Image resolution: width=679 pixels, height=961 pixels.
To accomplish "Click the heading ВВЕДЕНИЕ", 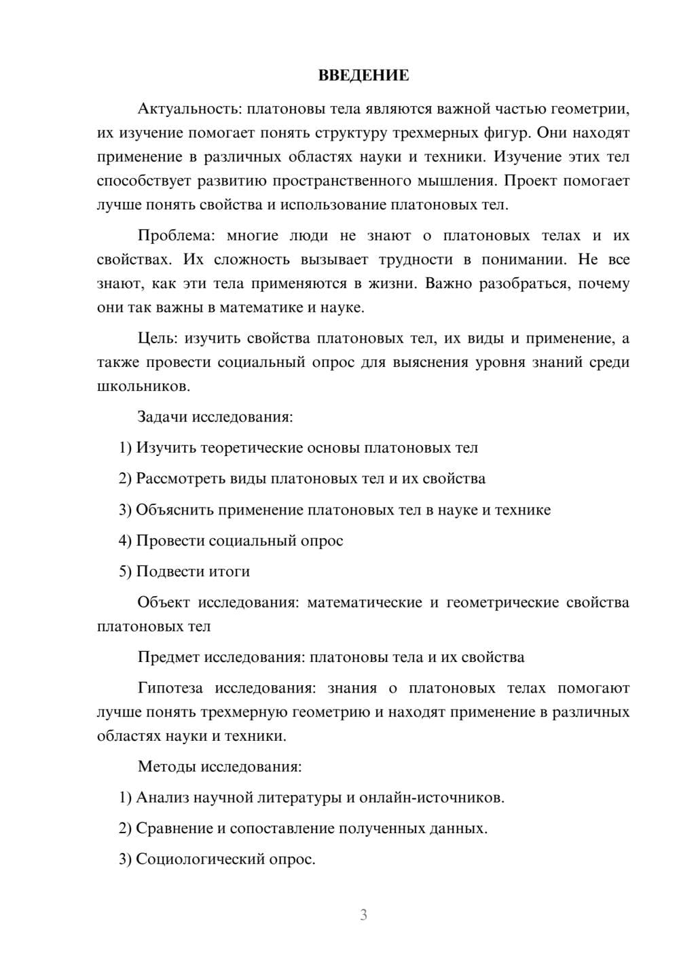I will click(363, 75).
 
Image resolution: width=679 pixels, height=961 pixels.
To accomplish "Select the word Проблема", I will click(176, 236).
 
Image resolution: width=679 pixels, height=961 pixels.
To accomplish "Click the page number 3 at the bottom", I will click(363, 915).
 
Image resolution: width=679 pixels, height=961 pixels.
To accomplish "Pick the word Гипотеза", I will click(170, 688).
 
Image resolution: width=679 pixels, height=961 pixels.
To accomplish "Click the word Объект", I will click(163, 602).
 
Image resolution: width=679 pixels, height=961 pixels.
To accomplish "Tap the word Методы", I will click(166, 767).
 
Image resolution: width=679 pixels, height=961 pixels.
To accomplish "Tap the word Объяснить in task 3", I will click(174, 510).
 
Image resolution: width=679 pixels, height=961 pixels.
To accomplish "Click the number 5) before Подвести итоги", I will click(125, 572).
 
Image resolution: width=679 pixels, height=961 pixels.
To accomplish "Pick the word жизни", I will click(392, 283).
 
